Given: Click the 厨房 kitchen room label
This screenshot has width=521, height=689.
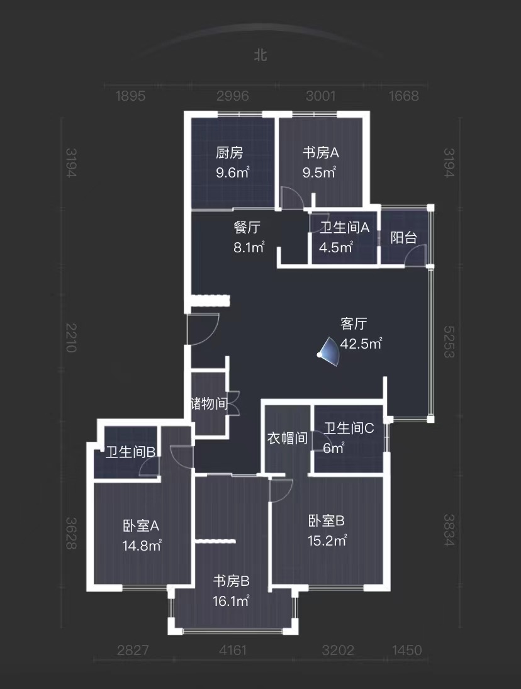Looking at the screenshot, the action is (x=229, y=153).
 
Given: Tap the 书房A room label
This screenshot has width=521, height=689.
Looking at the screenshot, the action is (x=321, y=153).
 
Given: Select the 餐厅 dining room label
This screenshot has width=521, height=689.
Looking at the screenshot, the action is (x=247, y=228).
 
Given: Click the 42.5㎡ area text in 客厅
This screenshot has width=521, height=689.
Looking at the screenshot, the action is (x=361, y=343).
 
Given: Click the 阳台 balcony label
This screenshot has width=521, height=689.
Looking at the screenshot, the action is (x=404, y=238).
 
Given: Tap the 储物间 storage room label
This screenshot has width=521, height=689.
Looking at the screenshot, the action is (x=209, y=403).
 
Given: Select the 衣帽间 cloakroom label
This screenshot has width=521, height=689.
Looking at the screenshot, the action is (x=288, y=438).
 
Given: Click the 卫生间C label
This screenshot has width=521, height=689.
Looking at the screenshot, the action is (x=349, y=428).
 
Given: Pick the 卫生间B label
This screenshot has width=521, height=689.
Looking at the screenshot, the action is (x=131, y=452).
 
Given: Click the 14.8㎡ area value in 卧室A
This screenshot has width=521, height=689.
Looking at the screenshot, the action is (x=142, y=546).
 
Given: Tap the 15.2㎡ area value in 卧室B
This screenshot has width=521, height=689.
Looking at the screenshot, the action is (x=327, y=540).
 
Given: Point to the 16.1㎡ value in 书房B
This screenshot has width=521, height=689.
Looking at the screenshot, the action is (x=231, y=601).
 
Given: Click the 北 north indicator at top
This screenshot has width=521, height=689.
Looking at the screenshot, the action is (x=260, y=55).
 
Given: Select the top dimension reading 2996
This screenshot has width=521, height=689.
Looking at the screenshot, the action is (x=232, y=96).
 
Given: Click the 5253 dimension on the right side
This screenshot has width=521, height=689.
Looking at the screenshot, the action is (x=449, y=342).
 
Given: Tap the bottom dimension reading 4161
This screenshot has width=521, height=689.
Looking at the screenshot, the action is (x=233, y=650).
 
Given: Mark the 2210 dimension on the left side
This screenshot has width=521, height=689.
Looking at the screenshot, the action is (x=71, y=337).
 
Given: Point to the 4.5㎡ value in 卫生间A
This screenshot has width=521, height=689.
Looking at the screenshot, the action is (x=335, y=247).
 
